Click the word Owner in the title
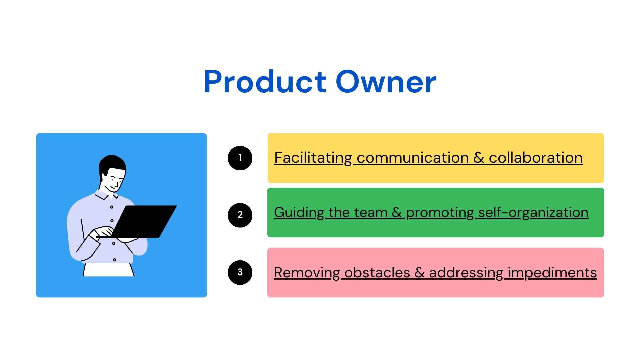click(386, 82)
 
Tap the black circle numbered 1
click(240, 158)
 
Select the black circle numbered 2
click(240, 215)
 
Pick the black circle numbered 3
click(240, 272)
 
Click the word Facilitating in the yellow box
click(313, 158)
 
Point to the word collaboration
click(536, 158)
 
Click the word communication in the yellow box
click(413, 158)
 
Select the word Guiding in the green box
click(299, 212)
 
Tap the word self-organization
click(533, 212)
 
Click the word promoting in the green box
click(440, 212)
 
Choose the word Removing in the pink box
click(307, 273)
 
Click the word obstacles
click(377, 273)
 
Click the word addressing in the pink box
click(466, 273)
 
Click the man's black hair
click(112, 163)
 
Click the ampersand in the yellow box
click(479, 158)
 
